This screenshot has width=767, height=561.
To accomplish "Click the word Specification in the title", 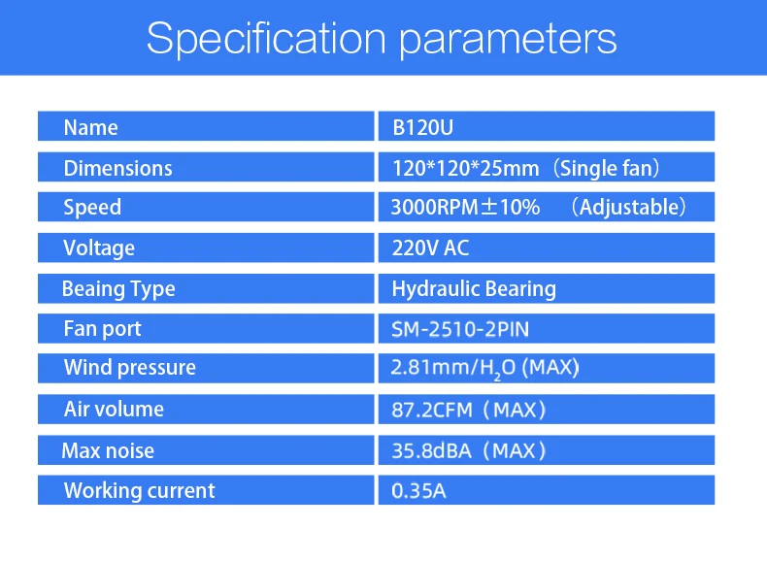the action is click(x=267, y=39).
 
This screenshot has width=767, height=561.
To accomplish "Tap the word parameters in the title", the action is click(x=508, y=41).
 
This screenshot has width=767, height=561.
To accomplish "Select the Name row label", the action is click(x=90, y=128).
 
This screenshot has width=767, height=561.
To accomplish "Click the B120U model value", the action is click(x=422, y=128).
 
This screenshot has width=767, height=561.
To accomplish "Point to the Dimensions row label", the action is click(x=117, y=168).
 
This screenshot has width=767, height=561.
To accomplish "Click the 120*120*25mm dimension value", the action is click(x=466, y=169).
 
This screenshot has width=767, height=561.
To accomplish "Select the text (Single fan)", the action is click(x=607, y=169).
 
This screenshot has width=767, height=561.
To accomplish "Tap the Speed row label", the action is click(x=92, y=208).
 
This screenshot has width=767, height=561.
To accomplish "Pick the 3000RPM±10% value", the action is click(x=465, y=208).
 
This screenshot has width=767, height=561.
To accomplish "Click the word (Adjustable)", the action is click(x=629, y=208).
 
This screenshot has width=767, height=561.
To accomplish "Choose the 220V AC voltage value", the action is click(x=430, y=247).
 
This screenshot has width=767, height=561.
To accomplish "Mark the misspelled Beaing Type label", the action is click(x=118, y=289).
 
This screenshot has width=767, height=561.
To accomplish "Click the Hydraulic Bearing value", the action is click(x=474, y=289).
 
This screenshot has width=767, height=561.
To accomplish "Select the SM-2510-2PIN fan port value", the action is click(x=460, y=329).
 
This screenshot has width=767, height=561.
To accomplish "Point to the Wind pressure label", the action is click(x=130, y=368).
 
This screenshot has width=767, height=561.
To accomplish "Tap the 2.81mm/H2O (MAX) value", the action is click(x=484, y=368).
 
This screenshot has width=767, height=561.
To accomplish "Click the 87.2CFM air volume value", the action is click(x=432, y=410).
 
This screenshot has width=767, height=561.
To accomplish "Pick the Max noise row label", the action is click(x=108, y=450).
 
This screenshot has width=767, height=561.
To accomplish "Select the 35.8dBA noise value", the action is click(x=431, y=450).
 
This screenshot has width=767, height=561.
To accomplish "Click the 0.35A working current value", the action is click(x=418, y=491).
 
